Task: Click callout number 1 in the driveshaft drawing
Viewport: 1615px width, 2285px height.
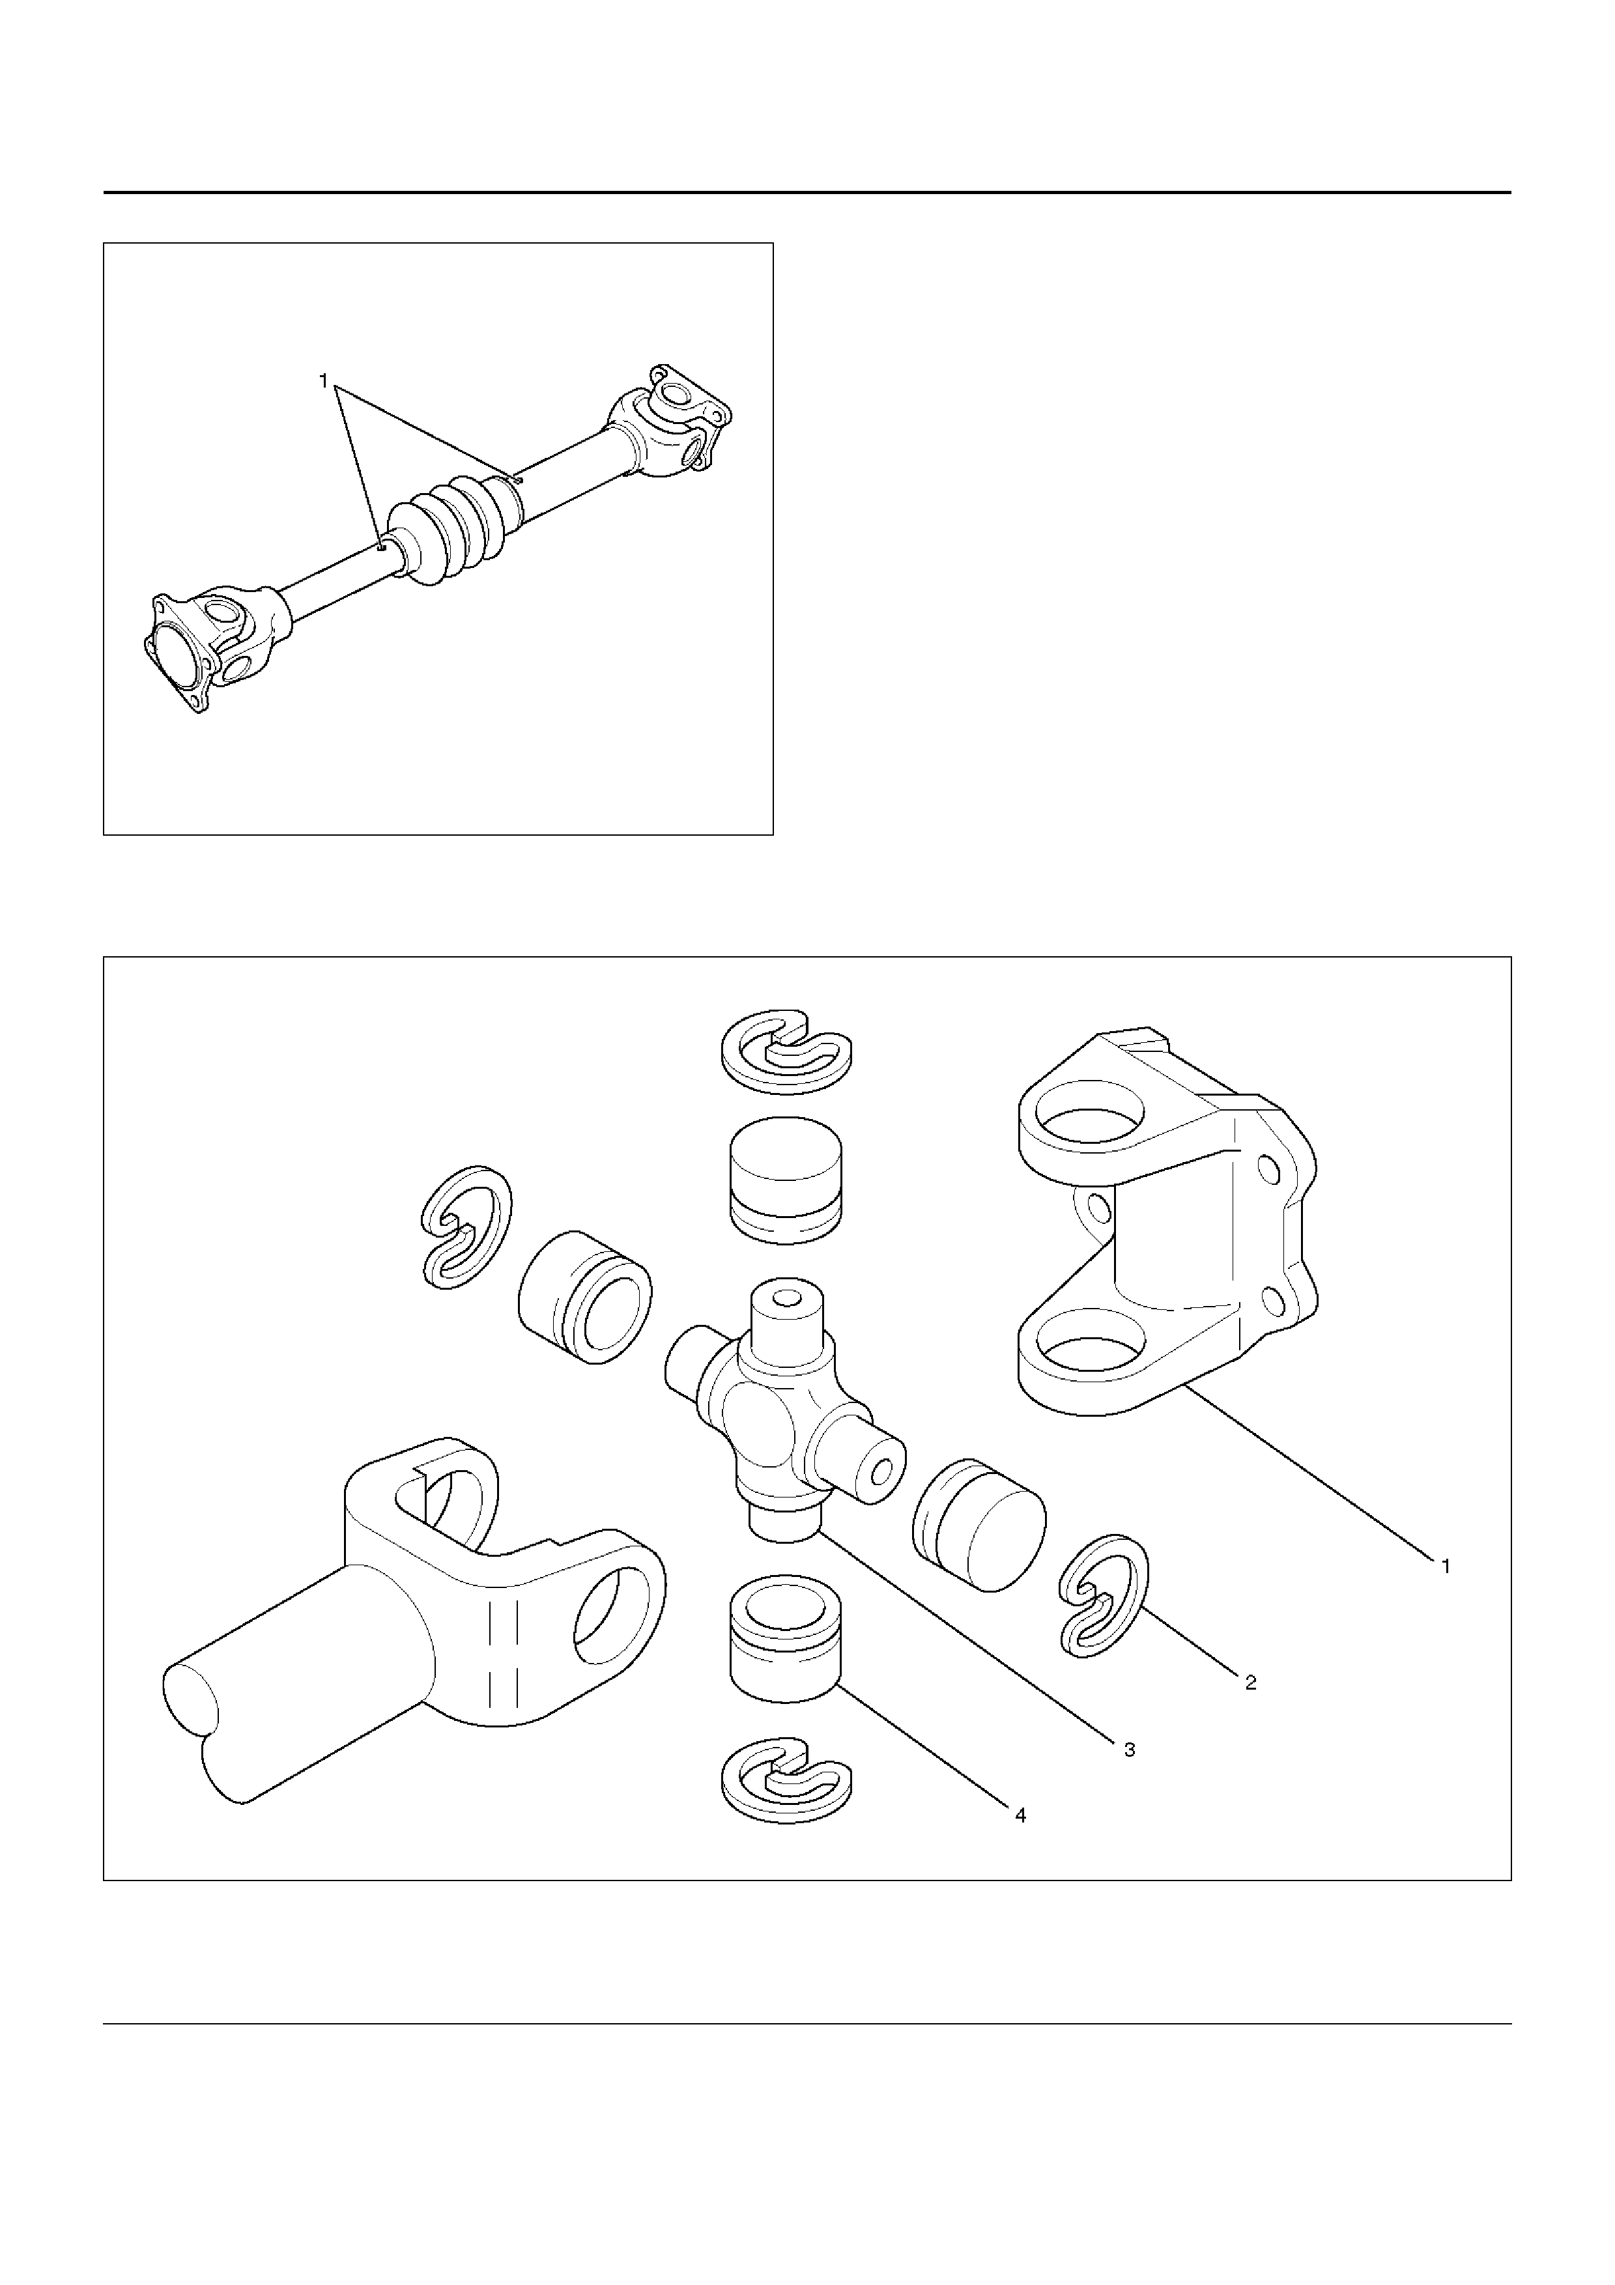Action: click(322, 380)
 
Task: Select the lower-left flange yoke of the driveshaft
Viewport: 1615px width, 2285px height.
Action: click(214, 646)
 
